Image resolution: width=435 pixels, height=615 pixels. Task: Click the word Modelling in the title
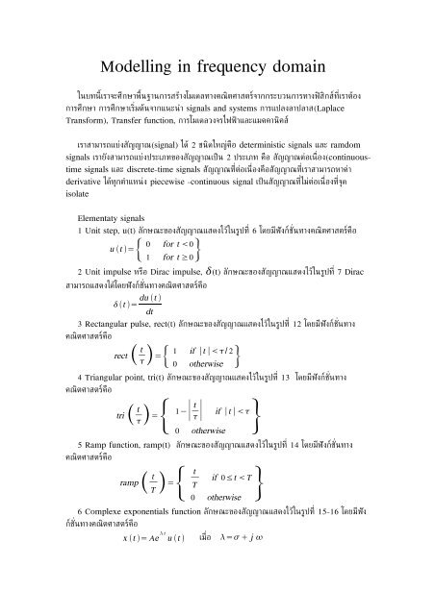point(141,67)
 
